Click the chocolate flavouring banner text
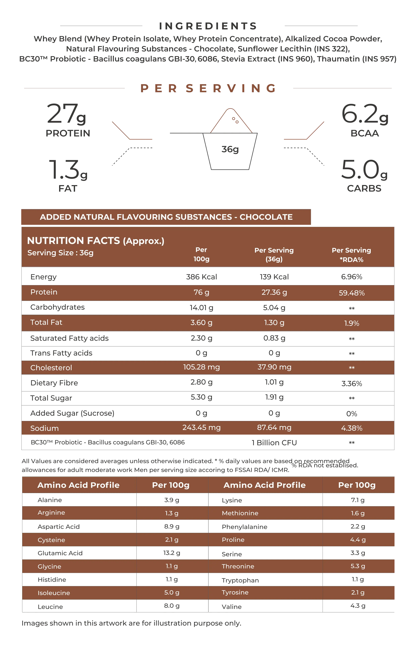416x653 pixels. [166, 217]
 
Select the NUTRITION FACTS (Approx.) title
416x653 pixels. [96, 241]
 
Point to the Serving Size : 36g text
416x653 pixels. [61, 253]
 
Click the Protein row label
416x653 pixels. [44, 292]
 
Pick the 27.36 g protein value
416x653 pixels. [274, 292]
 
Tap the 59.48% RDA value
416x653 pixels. [352, 293]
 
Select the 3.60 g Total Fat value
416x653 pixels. [201, 322]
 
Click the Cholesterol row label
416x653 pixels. [51, 368]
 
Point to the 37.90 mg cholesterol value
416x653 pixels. [274, 367]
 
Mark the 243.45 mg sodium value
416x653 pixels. [201, 428]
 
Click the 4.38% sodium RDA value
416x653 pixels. [352, 428]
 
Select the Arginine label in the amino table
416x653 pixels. [51, 512]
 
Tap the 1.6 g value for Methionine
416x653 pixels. [358, 513]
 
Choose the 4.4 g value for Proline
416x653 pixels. [358, 540]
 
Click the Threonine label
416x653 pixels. [238, 566]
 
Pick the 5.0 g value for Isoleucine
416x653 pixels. [172, 593]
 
